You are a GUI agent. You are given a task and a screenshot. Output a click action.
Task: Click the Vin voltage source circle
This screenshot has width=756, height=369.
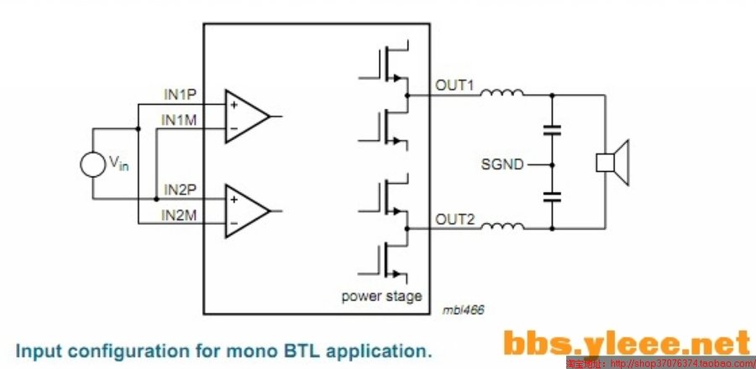click(93, 164)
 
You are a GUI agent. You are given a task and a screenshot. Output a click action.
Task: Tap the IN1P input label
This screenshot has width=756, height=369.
click(180, 93)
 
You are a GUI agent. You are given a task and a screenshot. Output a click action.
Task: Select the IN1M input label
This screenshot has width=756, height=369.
click(180, 119)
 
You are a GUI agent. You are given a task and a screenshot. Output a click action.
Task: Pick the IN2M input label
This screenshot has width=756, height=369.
click(180, 216)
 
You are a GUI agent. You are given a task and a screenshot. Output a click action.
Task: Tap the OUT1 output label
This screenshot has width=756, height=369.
click(454, 86)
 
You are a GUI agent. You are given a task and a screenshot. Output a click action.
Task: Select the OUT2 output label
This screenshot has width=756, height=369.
click(454, 220)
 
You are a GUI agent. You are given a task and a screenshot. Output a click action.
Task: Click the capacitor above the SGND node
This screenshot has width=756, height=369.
click(552, 130)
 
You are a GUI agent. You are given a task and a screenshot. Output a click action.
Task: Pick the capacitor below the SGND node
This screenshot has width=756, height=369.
click(552, 197)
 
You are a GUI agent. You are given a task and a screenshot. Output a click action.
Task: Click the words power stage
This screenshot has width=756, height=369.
click(381, 297)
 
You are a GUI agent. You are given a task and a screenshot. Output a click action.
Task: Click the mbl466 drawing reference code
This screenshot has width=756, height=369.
click(464, 309)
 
